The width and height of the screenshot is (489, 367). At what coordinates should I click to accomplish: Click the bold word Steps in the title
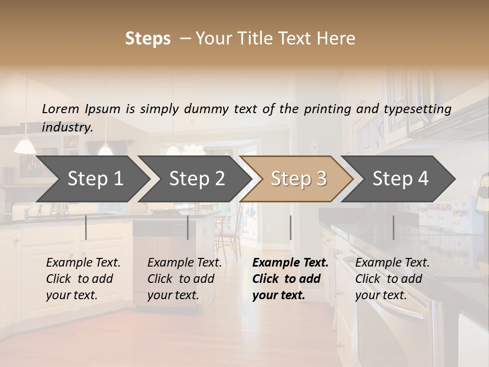point(148,39)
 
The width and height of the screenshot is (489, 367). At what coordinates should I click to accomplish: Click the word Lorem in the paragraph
point(61,109)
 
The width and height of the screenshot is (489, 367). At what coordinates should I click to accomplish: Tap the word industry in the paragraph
point(67,127)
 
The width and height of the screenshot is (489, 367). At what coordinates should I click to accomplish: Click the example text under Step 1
point(83,279)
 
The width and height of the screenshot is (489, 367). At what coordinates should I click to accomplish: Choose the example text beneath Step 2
point(184,279)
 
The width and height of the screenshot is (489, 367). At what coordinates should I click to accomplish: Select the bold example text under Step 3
point(290,279)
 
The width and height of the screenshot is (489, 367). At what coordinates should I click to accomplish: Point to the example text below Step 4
point(392,279)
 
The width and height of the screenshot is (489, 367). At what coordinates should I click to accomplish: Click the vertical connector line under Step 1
point(86,227)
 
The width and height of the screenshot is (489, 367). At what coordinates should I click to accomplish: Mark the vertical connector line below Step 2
point(188,227)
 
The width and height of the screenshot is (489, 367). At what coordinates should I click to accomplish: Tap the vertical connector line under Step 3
point(290,227)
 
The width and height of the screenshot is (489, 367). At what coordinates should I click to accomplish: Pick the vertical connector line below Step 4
point(393,227)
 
